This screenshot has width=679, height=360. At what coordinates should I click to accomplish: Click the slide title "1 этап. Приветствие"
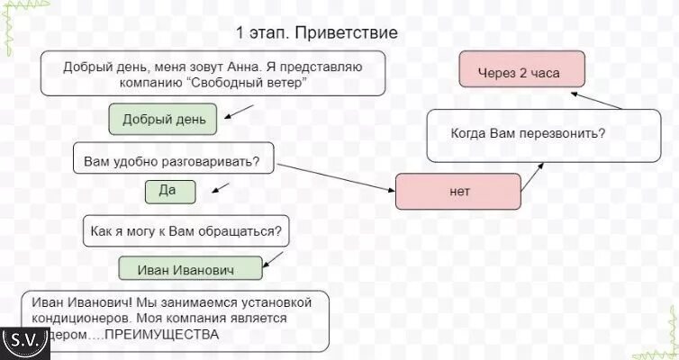317,33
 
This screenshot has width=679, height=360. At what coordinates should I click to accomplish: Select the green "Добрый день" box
164,119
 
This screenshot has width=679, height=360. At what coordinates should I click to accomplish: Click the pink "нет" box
458,192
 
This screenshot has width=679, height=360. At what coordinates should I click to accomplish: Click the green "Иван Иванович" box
191,269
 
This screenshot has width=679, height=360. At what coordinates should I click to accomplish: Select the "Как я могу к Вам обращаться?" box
187,231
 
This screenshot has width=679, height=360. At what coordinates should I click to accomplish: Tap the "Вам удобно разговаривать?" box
171,161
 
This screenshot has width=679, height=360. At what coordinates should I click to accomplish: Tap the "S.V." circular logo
24,340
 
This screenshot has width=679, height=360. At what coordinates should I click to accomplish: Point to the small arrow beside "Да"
219,188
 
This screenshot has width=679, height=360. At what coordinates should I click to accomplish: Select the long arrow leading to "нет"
336,177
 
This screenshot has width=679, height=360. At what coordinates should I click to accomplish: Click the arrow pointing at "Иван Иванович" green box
276,260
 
